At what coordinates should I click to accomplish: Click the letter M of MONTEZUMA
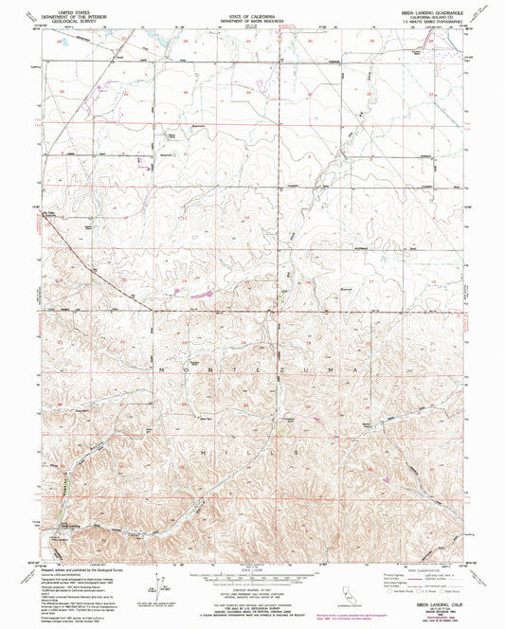pyautogui.click(x=162, y=366)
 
